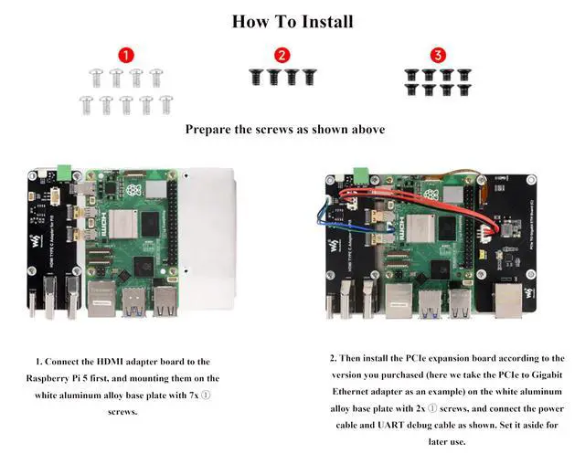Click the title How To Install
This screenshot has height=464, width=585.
pyautogui.click(x=292, y=21)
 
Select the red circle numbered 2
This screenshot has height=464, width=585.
pyautogui.click(x=282, y=55)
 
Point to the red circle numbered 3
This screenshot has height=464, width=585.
pyautogui.click(x=439, y=55)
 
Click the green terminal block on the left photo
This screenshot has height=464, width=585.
pyautogui.click(x=66, y=171)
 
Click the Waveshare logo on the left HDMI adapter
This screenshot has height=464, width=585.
pyautogui.click(x=37, y=240)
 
